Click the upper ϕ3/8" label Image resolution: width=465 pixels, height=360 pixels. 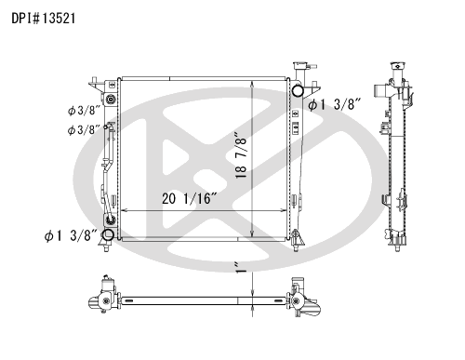[84, 111]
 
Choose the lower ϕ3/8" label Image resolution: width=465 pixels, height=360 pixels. [84, 129]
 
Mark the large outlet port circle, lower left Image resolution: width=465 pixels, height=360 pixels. [109, 234]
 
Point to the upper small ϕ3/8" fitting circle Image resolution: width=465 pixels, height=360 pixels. [112, 100]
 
